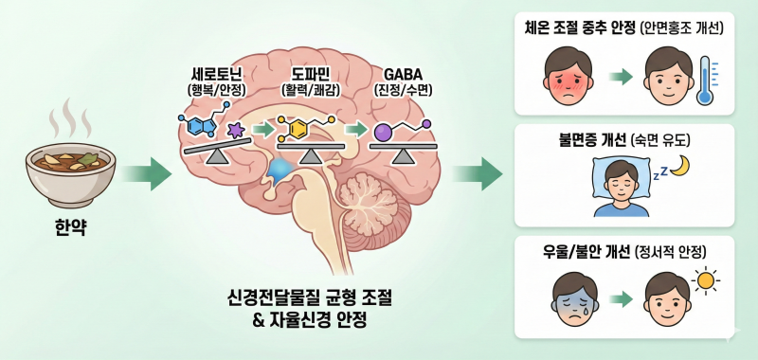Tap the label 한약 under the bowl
tap(70, 227)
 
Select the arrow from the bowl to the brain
tap(146, 174)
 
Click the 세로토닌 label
tap(216, 75)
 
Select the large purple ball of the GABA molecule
tap(383, 134)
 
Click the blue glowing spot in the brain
tap(281, 171)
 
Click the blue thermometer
tap(705, 81)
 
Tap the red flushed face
tap(568, 78)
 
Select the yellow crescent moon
tap(680, 165)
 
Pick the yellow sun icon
tap(706, 280)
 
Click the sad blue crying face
tap(573, 298)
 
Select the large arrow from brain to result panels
tap(478, 174)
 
